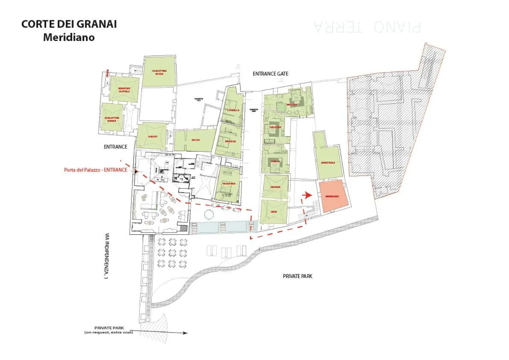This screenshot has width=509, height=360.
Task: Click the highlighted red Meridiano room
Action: pos(332,196)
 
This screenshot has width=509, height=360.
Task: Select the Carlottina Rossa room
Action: pos(159,72)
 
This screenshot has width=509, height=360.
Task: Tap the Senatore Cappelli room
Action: pos(124,89)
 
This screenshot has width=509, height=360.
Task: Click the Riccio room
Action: pos(195,140)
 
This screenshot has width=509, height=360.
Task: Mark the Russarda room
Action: pos(229,183)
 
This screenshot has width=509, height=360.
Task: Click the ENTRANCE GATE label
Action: pos(270,74)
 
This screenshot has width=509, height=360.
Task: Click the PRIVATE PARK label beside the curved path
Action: pos(297,276)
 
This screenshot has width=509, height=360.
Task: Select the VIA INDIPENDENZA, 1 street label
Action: pos(105,256)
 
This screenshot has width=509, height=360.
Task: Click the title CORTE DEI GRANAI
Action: pos(69,24)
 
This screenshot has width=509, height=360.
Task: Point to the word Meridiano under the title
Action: pos(69,37)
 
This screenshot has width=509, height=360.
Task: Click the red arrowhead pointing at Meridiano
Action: pos(306,195)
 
